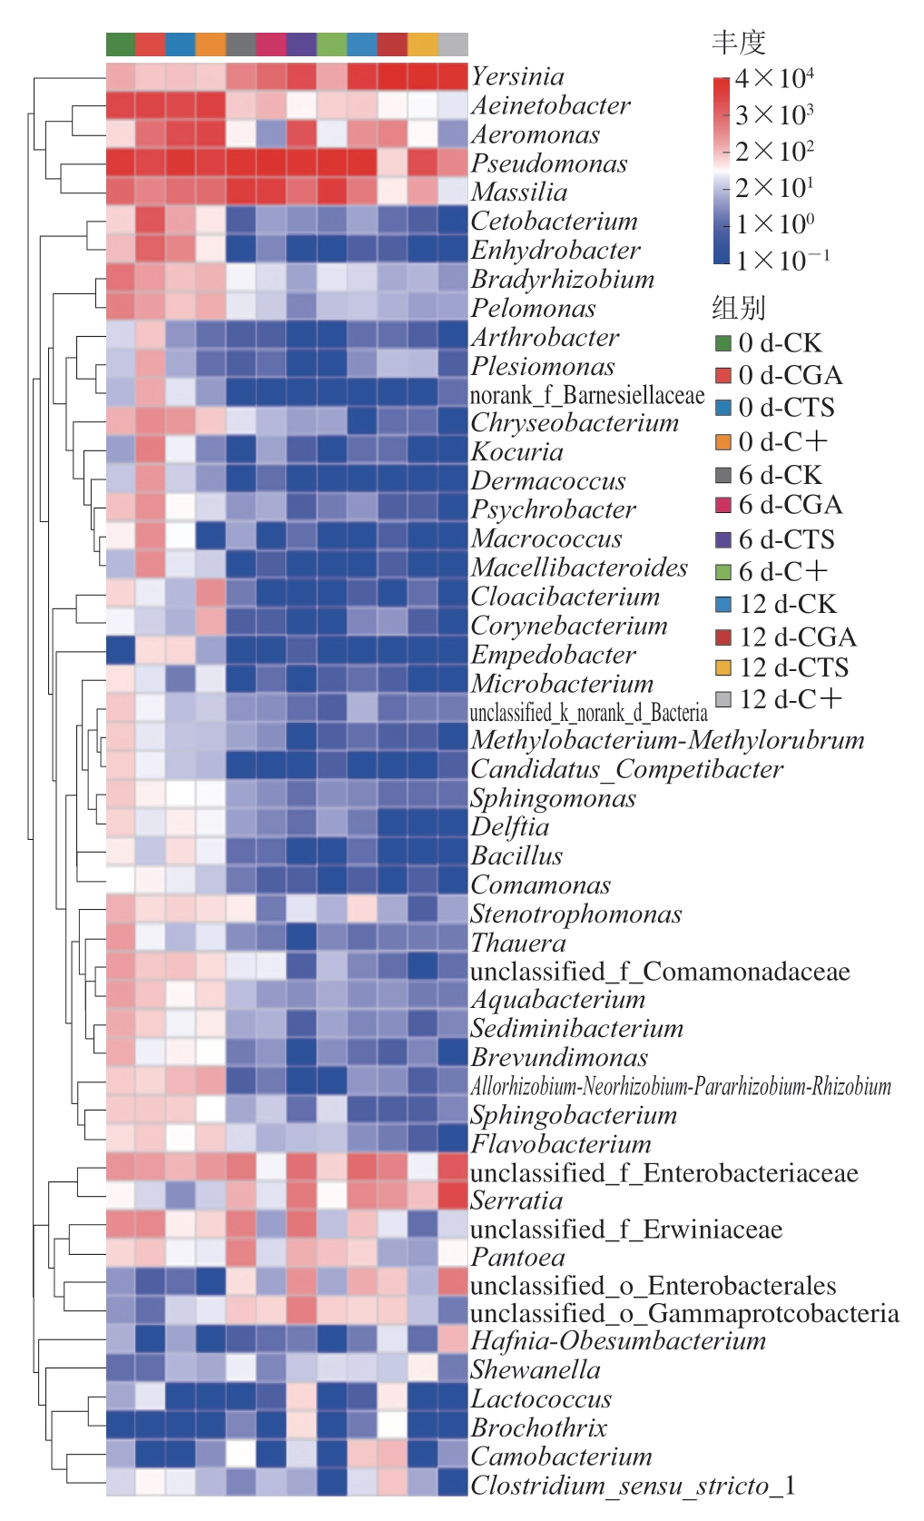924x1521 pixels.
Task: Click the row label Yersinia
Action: pos(517,76)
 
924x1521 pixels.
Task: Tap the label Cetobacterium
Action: pos(554,222)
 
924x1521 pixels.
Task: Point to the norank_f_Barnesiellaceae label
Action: pos(587,395)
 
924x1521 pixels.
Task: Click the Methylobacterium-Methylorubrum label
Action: pos(667,740)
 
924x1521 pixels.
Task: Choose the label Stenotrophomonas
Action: pos(575,914)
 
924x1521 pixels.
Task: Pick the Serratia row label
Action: pos(516,1200)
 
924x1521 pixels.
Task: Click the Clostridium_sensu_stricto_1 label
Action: pos(633,1486)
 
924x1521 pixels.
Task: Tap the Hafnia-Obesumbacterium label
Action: pos(618,1341)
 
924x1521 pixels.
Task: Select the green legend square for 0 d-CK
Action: pos(723,343)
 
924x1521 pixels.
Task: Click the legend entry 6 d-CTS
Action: pos(786,539)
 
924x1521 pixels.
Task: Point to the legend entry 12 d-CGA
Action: pos(797,637)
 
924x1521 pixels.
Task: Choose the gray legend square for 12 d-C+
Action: pos(723,699)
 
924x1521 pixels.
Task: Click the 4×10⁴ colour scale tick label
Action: pos(774,79)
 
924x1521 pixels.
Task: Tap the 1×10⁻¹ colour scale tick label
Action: pos(781,262)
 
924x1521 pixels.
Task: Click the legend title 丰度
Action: pos(739,42)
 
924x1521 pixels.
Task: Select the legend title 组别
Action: pos(739,308)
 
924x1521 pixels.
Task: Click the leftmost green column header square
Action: pos(121,44)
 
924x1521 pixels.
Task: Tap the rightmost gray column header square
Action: pos(453,44)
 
